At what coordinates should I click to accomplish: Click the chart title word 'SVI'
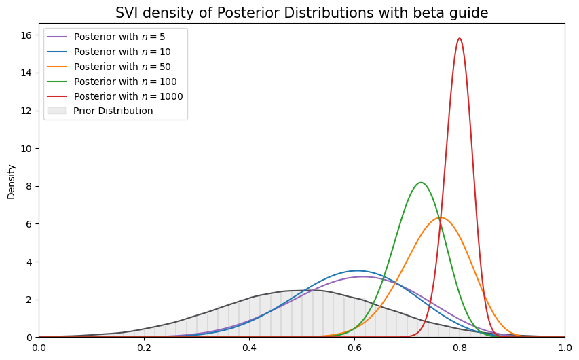pos(127,13)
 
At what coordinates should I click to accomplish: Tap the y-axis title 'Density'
pos(11,181)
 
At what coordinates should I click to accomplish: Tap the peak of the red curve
pos(460,38)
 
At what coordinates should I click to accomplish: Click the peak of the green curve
pos(421,182)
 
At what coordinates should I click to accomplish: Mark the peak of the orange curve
pos(441,217)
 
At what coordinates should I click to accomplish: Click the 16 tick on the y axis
pos(28,35)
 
